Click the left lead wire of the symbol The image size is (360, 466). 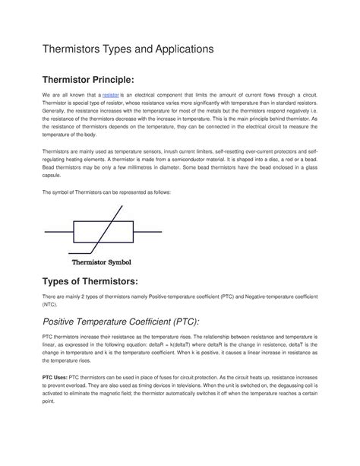coord(58,229)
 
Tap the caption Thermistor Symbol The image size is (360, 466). coord(101,262)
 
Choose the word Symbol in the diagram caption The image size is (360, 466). coord(118,262)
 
